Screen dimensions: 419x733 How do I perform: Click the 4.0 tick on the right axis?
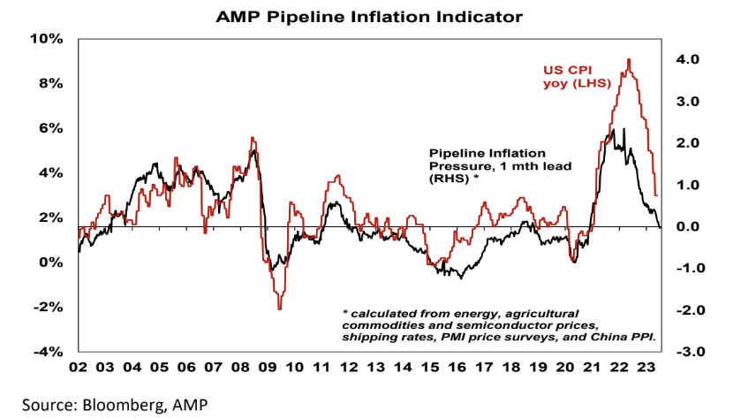[689, 59]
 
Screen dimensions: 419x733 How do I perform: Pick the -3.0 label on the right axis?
[687, 352]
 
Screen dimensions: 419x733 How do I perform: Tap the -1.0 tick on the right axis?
[687, 269]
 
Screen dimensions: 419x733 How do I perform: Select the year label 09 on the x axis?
[268, 367]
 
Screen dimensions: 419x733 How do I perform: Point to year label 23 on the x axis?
[646, 367]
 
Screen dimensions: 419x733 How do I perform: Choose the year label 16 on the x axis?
[457, 367]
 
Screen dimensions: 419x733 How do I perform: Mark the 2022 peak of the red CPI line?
[628, 59]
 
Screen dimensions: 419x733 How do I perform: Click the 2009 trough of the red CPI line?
[279, 309]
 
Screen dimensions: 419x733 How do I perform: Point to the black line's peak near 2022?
[612, 131]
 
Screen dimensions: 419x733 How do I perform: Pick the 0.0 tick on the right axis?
[689, 227]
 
